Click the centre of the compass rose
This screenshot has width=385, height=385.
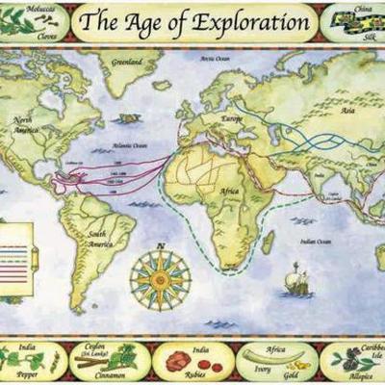point(160,279)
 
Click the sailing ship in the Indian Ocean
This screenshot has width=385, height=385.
point(295,279)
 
